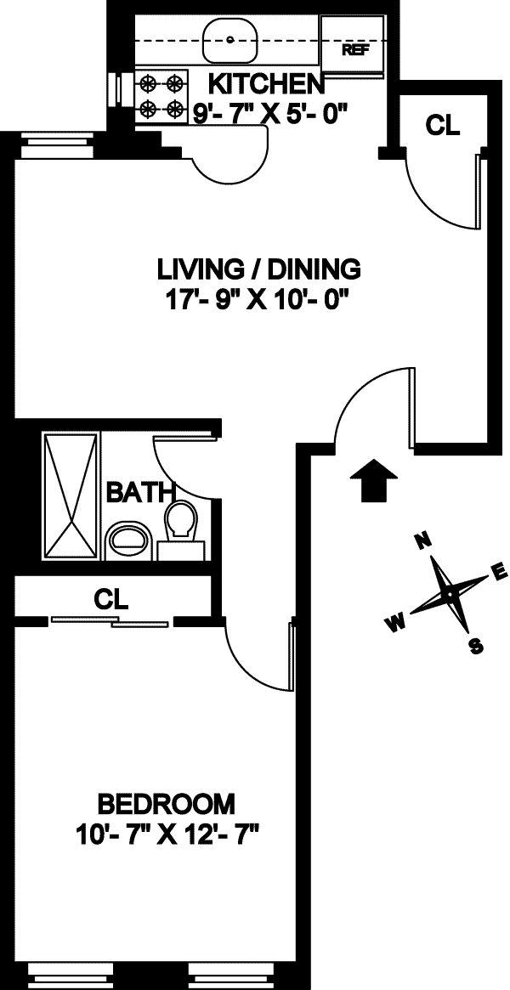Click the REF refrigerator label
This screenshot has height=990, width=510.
click(x=355, y=50)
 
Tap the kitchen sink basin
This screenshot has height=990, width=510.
click(x=230, y=39)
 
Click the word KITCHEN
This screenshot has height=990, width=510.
click(x=265, y=83)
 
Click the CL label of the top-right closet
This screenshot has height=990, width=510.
click(x=443, y=125)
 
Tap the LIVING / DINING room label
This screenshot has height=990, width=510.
click(x=258, y=269)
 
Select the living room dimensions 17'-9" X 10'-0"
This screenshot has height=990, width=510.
click(x=258, y=297)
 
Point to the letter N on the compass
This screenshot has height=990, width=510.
click(x=424, y=540)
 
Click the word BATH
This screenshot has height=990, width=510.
click(x=140, y=492)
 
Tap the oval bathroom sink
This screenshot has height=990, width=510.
click(x=128, y=540)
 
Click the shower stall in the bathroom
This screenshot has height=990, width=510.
click(x=70, y=495)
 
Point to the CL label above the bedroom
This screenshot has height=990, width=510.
click(x=111, y=598)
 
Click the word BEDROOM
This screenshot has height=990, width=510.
click(x=167, y=805)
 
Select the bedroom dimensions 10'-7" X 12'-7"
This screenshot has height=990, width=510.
click(x=168, y=834)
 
